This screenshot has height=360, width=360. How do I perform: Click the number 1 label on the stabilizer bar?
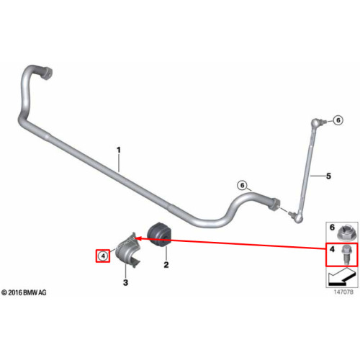click(119, 150)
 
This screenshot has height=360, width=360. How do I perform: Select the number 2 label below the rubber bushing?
click(166, 265)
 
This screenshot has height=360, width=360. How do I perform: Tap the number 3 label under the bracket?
click(125, 282)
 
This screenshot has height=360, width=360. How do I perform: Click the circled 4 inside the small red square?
click(103, 256)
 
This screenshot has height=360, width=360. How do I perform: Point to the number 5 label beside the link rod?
click(328, 176)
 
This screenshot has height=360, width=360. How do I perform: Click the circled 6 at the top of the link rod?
click(338, 120)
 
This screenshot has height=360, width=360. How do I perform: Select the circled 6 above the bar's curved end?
click(242, 185)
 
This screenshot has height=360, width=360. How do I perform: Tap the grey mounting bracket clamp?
click(127, 250)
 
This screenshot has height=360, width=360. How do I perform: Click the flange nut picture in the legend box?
click(344, 233)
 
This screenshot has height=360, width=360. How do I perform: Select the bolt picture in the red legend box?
click(345, 256)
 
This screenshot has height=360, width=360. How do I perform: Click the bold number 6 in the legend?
click(332, 228)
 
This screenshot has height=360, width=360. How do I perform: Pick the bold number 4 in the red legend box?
click(332, 249)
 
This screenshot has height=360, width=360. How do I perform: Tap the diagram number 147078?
click(343, 292)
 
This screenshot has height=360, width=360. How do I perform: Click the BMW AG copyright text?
click(24, 292)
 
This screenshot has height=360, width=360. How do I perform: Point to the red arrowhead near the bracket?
click(138, 238)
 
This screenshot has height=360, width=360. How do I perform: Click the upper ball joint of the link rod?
click(316, 122)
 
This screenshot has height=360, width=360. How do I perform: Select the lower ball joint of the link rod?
click(297, 217)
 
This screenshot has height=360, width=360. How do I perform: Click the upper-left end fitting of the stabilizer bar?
click(46, 73)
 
